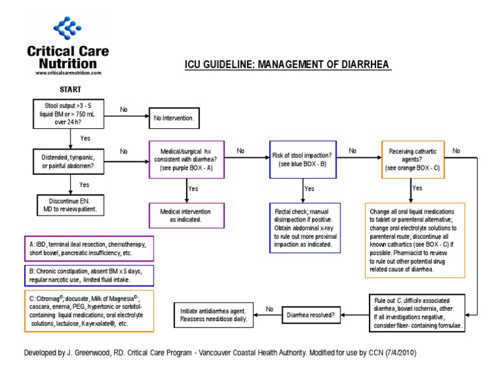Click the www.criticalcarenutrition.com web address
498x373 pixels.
pyautogui.click(x=67, y=73)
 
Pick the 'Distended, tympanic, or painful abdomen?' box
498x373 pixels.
pyautogui.click(x=69, y=161)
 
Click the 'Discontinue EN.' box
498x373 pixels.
pyautogui.click(x=69, y=205)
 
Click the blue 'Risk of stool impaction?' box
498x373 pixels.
pyautogui.click(x=302, y=159)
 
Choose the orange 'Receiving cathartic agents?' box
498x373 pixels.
pyautogui.click(x=412, y=159)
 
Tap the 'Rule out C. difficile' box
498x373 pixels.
pyautogui.click(x=418, y=313)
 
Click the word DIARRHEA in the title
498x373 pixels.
pyautogui.click(x=362, y=65)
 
